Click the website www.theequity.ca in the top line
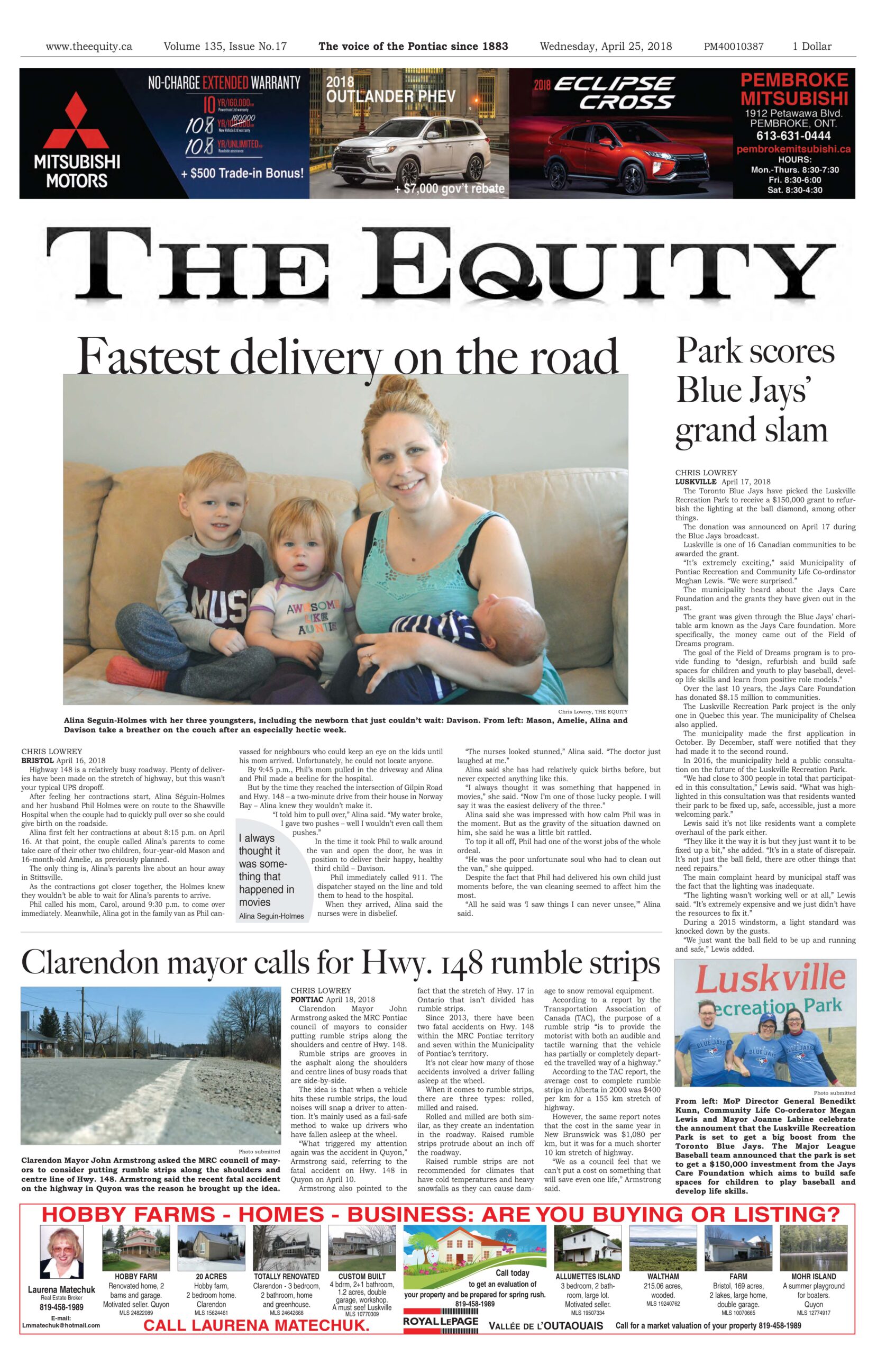tap(88, 47)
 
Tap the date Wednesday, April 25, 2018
tap(606, 47)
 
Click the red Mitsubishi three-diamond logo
tap(76, 121)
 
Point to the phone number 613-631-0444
tap(793, 135)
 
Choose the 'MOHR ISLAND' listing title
tap(813, 1277)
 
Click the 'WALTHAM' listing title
tap(662, 1277)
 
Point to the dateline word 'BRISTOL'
tap(38, 760)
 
